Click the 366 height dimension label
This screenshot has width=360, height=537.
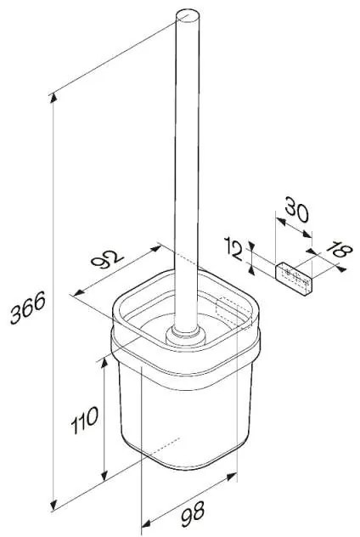27,308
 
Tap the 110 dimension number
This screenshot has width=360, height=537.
85,420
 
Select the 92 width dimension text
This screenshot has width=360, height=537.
107,259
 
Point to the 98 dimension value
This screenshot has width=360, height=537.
193,514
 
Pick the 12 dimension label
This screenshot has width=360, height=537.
233,249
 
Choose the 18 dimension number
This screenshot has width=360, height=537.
339,251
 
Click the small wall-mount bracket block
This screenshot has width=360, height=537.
294,279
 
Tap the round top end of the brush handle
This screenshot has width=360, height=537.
188,16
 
